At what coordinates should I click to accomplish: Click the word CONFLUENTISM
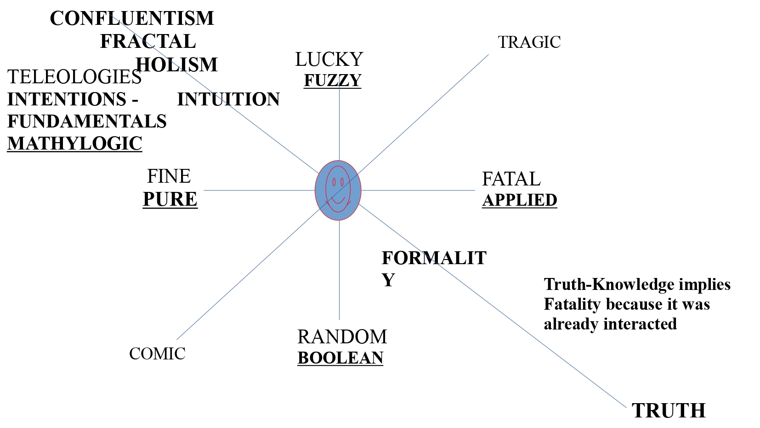(x=132, y=18)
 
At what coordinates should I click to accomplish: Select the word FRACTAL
(x=148, y=41)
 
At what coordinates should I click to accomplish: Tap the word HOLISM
(x=177, y=64)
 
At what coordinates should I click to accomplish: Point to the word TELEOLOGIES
(x=74, y=77)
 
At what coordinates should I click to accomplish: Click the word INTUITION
(x=228, y=99)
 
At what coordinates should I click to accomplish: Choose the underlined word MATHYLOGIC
(x=74, y=144)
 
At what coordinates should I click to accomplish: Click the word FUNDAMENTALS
(x=87, y=121)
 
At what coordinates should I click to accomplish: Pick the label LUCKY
(x=329, y=59)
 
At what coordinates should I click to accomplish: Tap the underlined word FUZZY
(x=332, y=81)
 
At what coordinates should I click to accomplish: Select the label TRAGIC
(x=529, y=42)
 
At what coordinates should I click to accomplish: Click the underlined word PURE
(x=170, y=199)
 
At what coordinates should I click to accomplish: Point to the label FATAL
(x=511, y=179)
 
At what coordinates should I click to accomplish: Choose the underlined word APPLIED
(x=519, y=200)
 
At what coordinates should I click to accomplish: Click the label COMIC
(x=157, y=354)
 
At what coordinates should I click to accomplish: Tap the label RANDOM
(x=342, y=337)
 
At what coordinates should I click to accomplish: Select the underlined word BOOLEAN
(x=340, y=358)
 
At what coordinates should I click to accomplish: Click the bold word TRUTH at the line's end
(x=669, y=411)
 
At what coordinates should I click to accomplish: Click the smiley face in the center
(x=338, y=190)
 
